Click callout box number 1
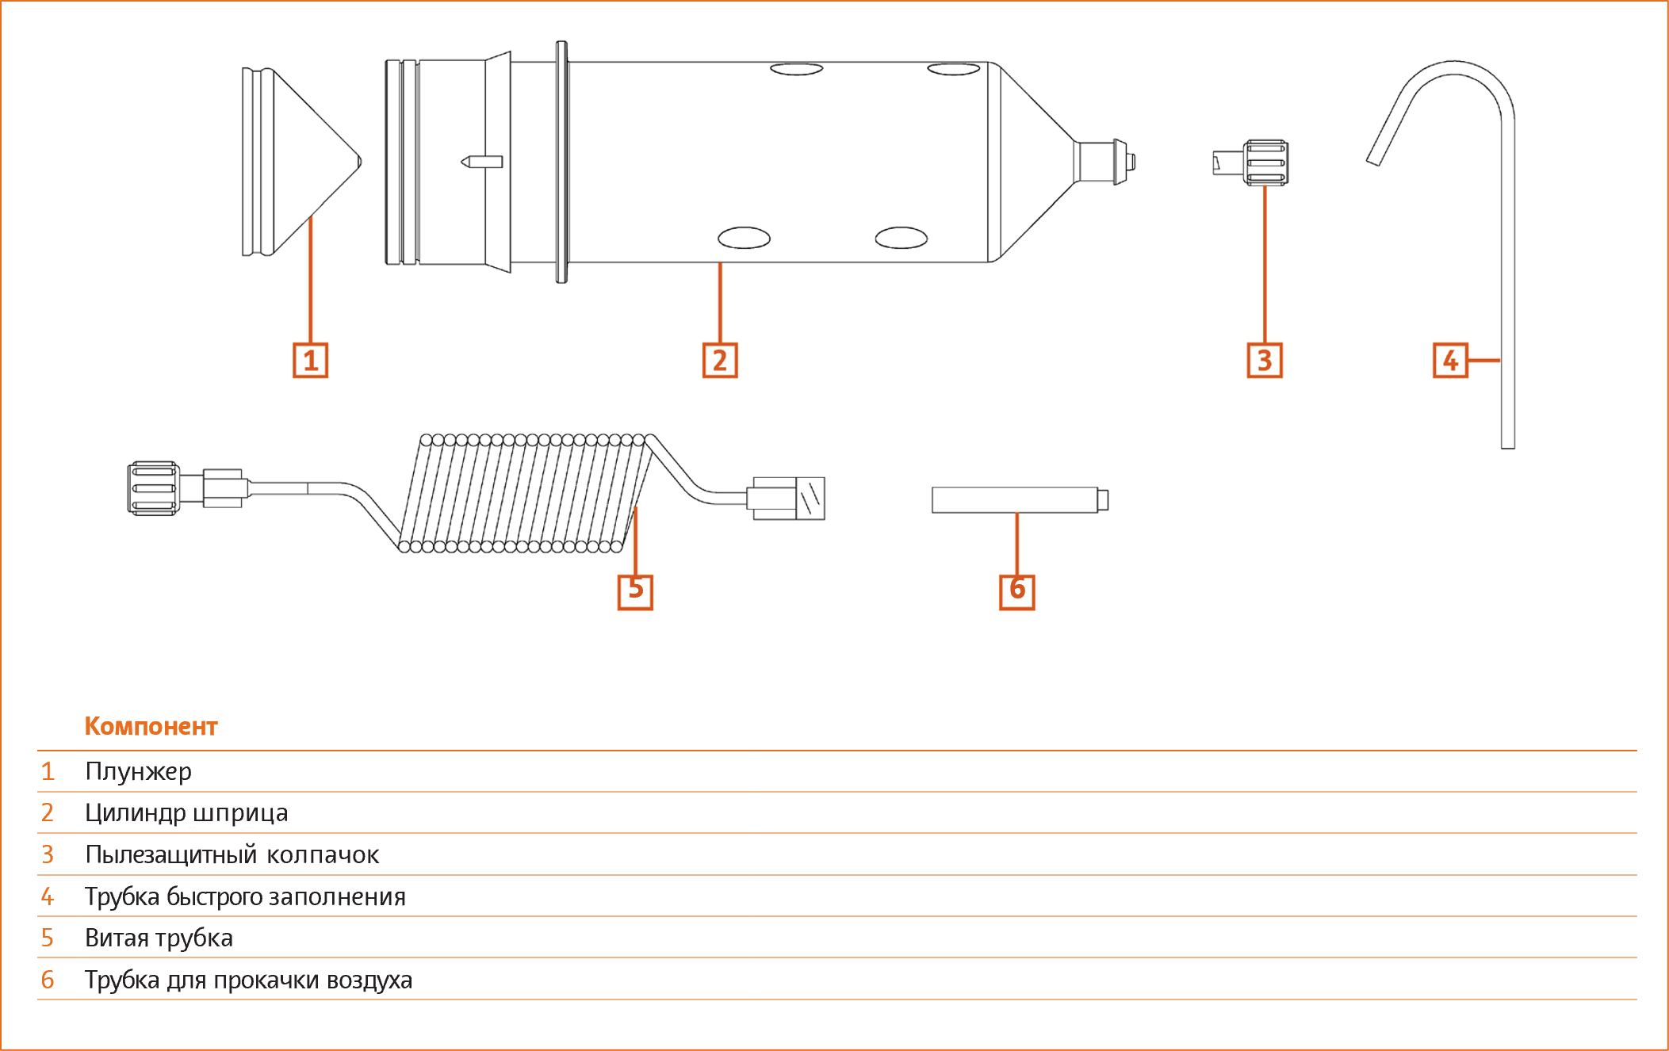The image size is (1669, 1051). (310, 361)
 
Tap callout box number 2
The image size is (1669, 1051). (720, 361)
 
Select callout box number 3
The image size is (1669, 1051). (1265, 361)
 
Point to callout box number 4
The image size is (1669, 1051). (1450, 361)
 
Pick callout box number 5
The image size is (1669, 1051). (635, 591)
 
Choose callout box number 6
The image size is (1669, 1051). (1017, 591)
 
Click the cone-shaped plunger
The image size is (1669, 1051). (300, 162)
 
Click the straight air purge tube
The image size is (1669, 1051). (1020, 500)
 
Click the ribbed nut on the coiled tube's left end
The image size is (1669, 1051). (152, 487)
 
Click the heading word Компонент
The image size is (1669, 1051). (151, 727)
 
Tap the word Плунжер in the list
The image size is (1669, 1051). (138, 771)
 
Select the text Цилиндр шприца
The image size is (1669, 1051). (186, 813)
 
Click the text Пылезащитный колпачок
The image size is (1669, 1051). (232, 854)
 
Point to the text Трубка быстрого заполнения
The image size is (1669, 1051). (245, 896)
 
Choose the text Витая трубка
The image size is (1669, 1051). (159, 938)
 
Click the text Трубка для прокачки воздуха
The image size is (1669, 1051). (249, 980)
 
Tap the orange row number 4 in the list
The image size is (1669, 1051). (48, 896)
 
